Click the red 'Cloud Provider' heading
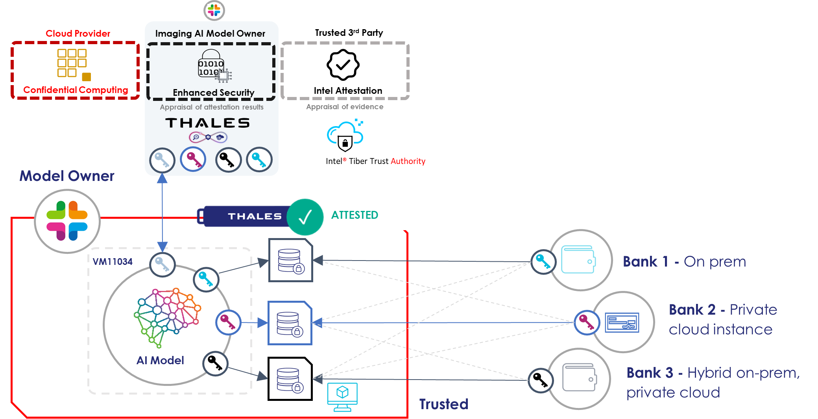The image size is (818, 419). pyautogui.click(x=78, y=34)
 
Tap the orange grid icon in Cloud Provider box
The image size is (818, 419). pyautogui.click(x=72, y=63)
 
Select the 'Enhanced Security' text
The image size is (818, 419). pyautogui.click(x=213, y=93)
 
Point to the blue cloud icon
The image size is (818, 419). pyautogui.click(x=345, y=133)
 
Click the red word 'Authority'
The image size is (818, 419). pyautogui.click(x=408, y=161)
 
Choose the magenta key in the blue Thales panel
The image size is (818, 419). pyautogui.click(x=193, y=159)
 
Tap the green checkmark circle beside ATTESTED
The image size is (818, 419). pyautogui.click(x=305, y=217)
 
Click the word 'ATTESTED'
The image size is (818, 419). pyautogui.click(x=355, y=215)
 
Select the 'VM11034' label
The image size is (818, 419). pyautogui.click(x=113, y=262)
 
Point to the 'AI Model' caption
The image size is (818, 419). pyautogui.click(x=160, y=360)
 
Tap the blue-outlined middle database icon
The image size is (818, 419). pyautogui.click(x=290, y=323)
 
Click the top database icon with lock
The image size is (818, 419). pyautogui.click(x=290, y=260)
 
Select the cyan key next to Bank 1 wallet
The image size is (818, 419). pyautogui.click(x=543, y=262)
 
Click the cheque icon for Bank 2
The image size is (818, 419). pyautogui.click(x=622, y=322)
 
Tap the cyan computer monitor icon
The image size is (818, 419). pyautogui.click(x=342, y=396)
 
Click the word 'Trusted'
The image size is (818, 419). pyautogui.click(x=443, y=404)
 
